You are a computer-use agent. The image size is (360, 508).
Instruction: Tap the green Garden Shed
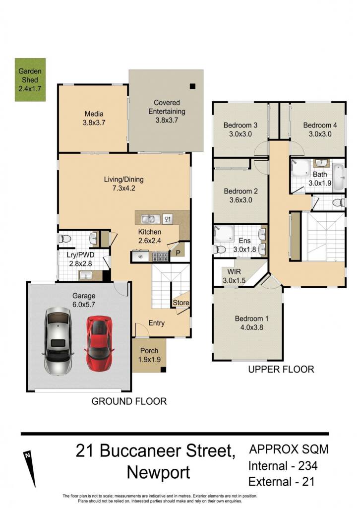[30, 80]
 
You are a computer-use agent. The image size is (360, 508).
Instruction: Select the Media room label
[94, 118]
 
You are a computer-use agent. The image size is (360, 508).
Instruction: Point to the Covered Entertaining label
[167, 112]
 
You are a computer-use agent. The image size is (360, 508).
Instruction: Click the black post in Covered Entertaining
[193, 86]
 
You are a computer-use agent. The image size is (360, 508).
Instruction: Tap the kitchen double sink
[151, 219]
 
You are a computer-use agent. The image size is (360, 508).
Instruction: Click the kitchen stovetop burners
[160, 257]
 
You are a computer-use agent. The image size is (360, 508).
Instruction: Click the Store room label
[181, 303]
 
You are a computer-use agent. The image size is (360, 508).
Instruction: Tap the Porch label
[149, 355]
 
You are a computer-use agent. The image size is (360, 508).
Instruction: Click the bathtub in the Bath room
[339, 178]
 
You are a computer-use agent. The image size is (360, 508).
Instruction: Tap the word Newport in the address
[158, 473]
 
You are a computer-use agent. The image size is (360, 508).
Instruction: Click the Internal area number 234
[307, 466]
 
